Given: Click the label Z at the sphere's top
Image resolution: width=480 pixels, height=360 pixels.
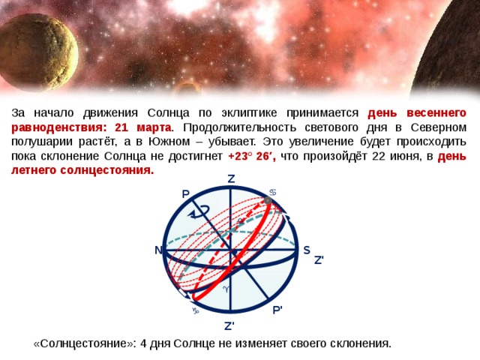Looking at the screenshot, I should click(230, 179).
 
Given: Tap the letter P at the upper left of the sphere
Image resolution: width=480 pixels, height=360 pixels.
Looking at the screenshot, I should click(185, 194).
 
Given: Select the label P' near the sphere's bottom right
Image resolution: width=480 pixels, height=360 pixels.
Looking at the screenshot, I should click(277, 310).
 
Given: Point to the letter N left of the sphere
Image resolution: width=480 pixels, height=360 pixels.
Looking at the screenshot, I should click(159, 250).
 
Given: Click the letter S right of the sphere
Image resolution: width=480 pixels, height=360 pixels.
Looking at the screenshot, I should click(307, 250).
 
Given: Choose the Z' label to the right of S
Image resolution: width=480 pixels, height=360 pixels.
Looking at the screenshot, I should click(319, 260).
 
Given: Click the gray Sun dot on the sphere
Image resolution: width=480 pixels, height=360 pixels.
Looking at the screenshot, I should click(268, 201).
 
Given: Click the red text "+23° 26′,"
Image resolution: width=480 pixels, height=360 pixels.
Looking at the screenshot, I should click(252, 155).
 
